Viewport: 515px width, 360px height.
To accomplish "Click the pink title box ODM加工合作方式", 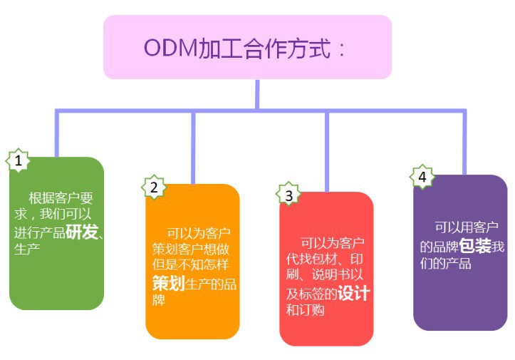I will tap(247, 47).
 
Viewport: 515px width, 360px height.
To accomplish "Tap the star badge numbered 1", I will tap(18, 160).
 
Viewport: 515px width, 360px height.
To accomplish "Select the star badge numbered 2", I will tap(152, 187).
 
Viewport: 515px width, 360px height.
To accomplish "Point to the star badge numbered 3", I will tap(288, 195).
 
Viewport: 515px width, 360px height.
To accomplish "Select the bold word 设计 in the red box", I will tap(353, 293).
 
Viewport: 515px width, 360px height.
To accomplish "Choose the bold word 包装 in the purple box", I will tap(474, 247).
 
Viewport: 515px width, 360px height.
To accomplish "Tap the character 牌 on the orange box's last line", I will tap(159, 300).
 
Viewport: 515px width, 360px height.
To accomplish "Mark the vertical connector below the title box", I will tap(257, 94).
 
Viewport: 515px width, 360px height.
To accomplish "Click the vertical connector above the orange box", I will tap(193, 146).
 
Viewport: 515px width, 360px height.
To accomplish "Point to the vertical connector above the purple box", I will tap(464, 143).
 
